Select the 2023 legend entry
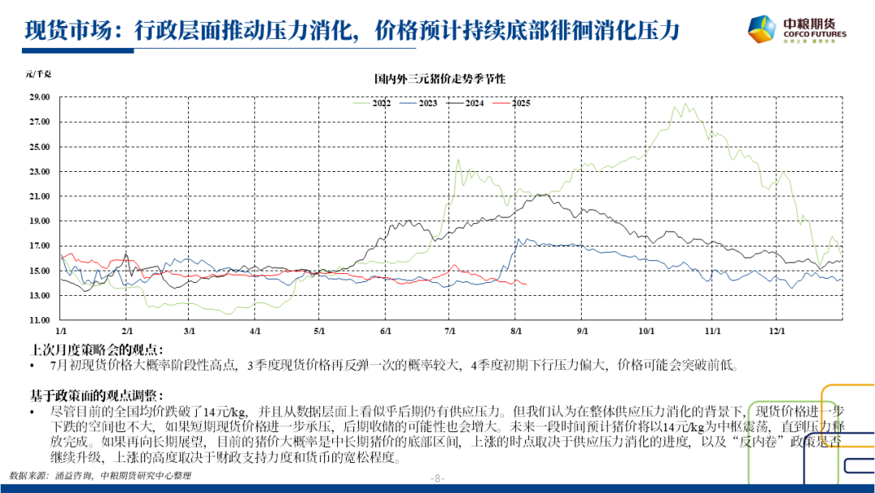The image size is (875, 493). (428, 103)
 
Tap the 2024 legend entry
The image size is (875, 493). (474, 103)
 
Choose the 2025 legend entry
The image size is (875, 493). (520, 103)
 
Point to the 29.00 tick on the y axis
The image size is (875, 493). (40, 97)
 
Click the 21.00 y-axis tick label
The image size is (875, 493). (40, 196)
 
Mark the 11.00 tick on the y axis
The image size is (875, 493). (40, 320)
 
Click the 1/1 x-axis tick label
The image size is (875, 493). (61, 332)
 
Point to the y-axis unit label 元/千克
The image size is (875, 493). (38, 75)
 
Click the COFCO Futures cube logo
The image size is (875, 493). (764, 30)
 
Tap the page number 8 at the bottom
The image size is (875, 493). (438, 478)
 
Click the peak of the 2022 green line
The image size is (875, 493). (685, 103)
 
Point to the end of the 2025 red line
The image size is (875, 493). (527, 284)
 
